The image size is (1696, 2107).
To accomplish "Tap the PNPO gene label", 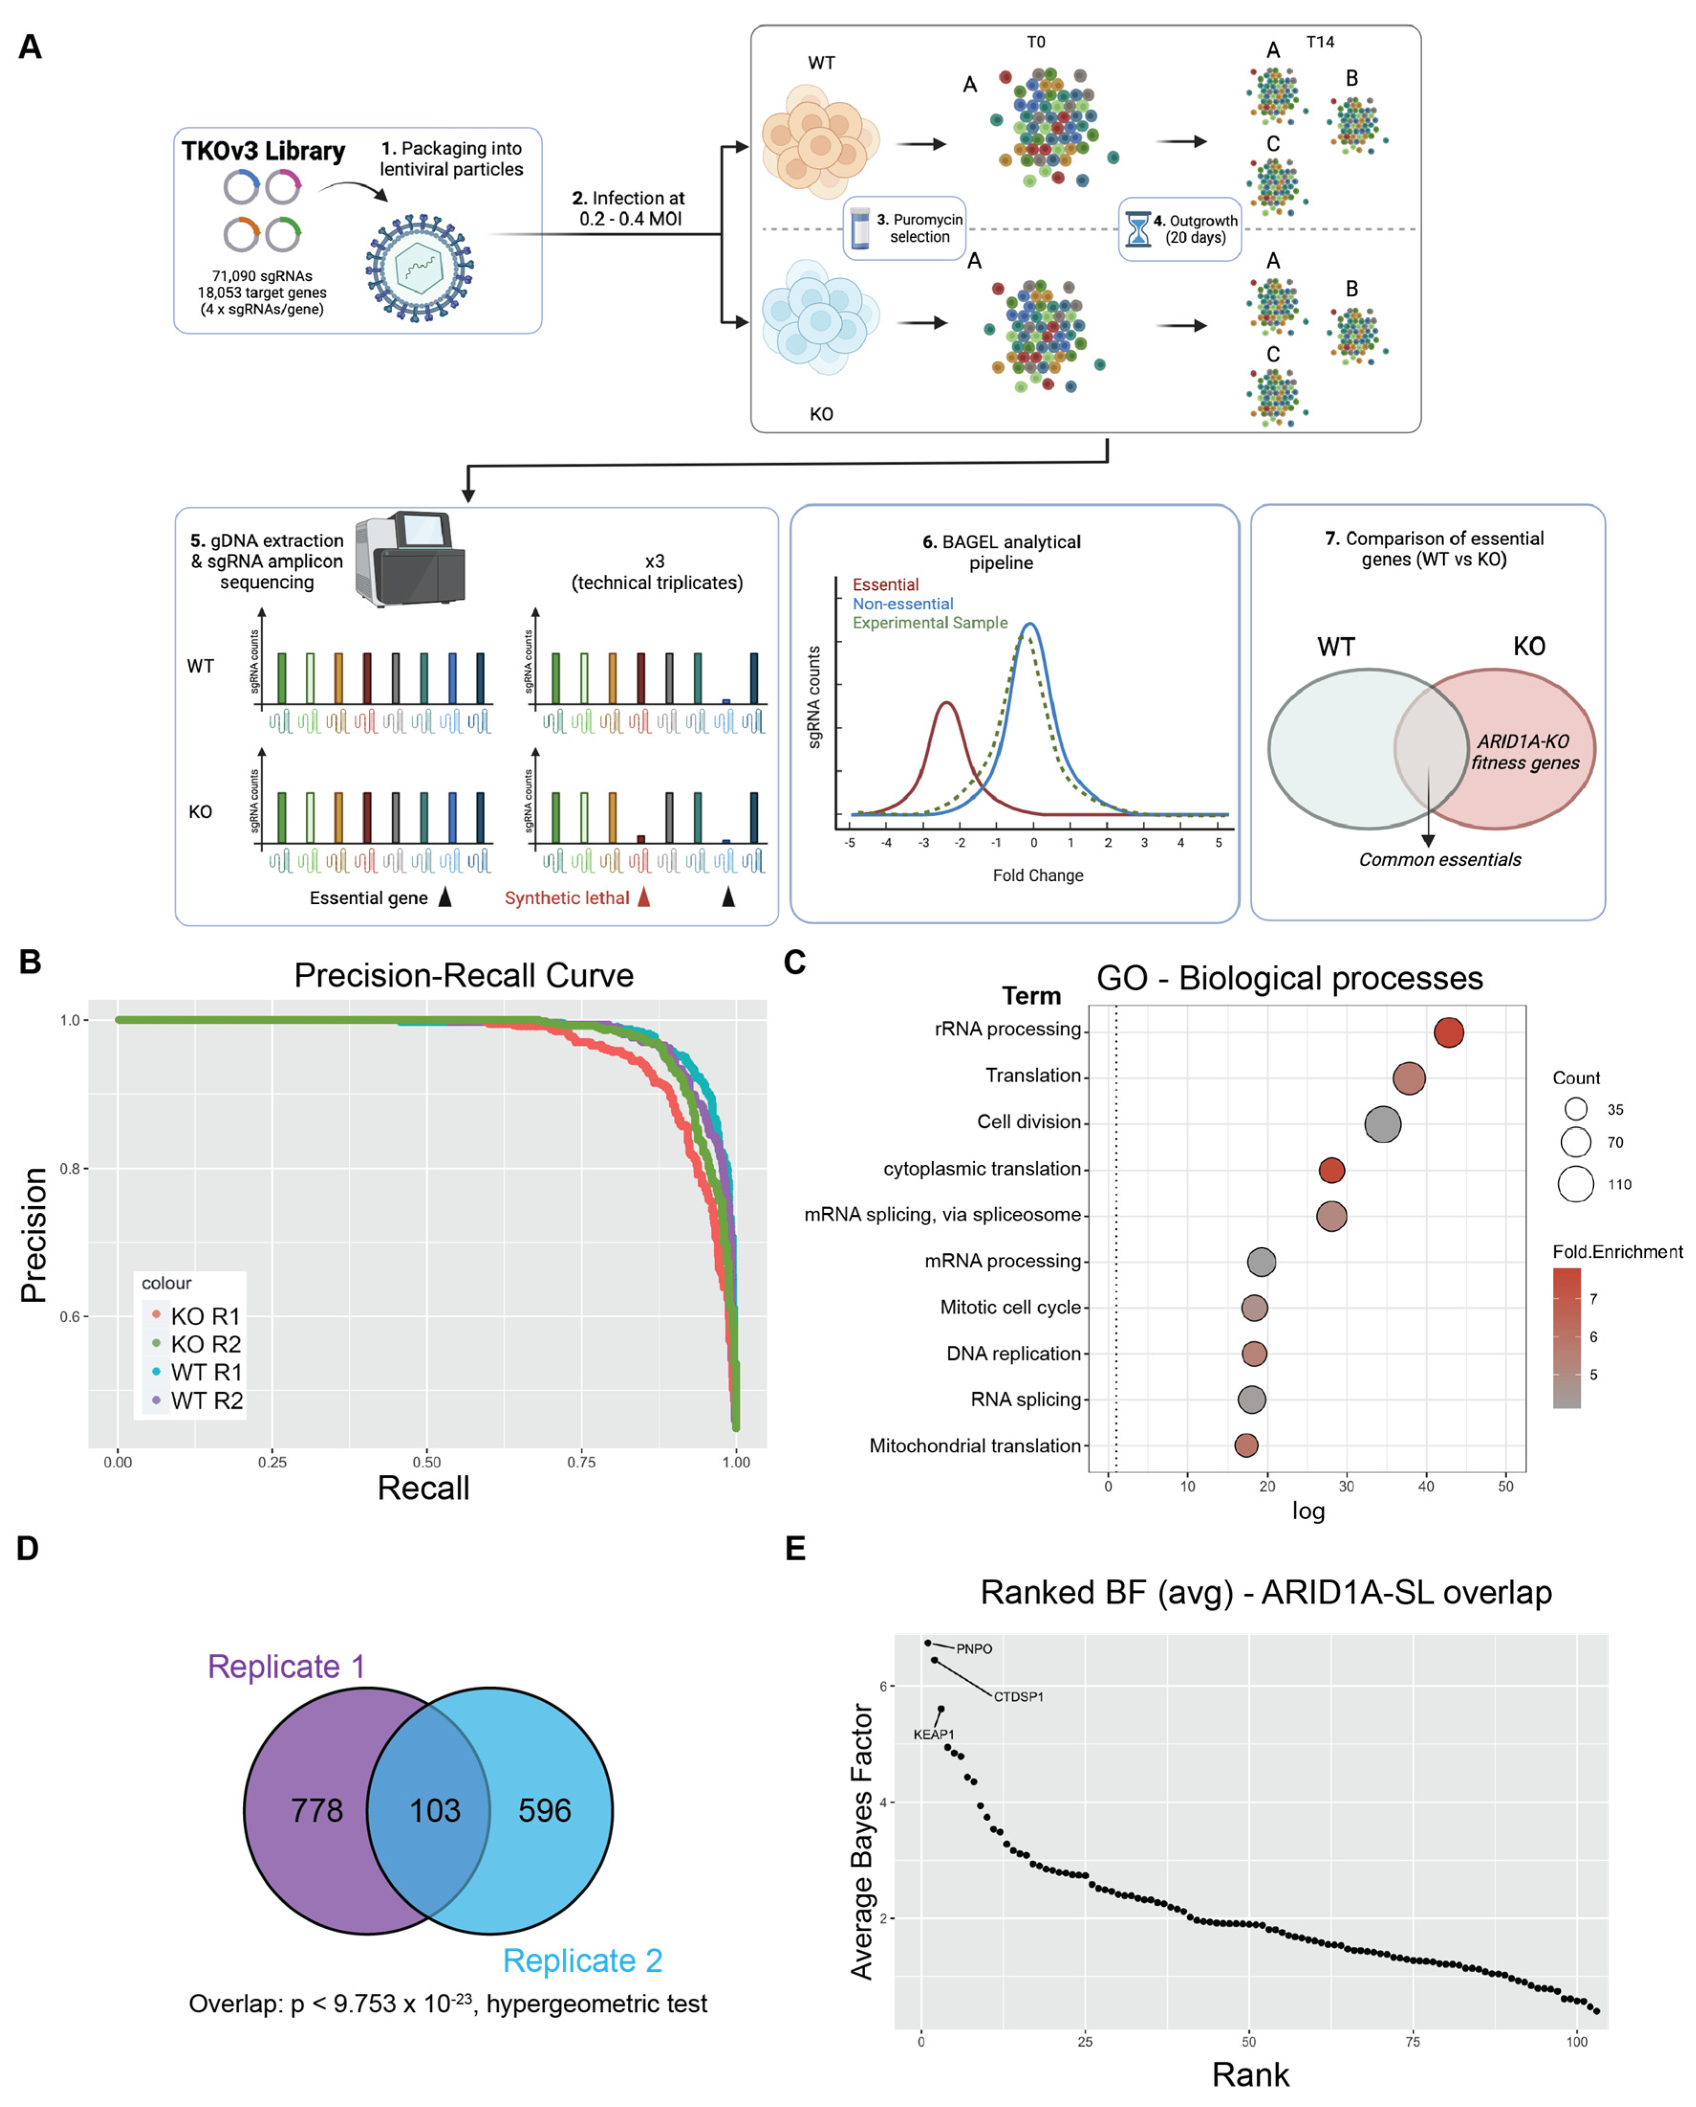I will [974, 1649].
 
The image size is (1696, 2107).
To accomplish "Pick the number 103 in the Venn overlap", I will [435, 1811].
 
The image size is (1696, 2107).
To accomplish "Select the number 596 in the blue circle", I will [544, 1811].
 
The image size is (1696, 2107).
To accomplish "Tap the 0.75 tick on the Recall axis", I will [581, 1462].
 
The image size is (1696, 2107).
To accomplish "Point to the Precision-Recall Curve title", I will [464, 975].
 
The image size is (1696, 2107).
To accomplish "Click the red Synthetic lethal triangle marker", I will [644, 897].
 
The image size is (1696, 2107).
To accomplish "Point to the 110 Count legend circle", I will [1576, 1183].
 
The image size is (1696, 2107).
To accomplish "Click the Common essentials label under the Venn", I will [1439, 860].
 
